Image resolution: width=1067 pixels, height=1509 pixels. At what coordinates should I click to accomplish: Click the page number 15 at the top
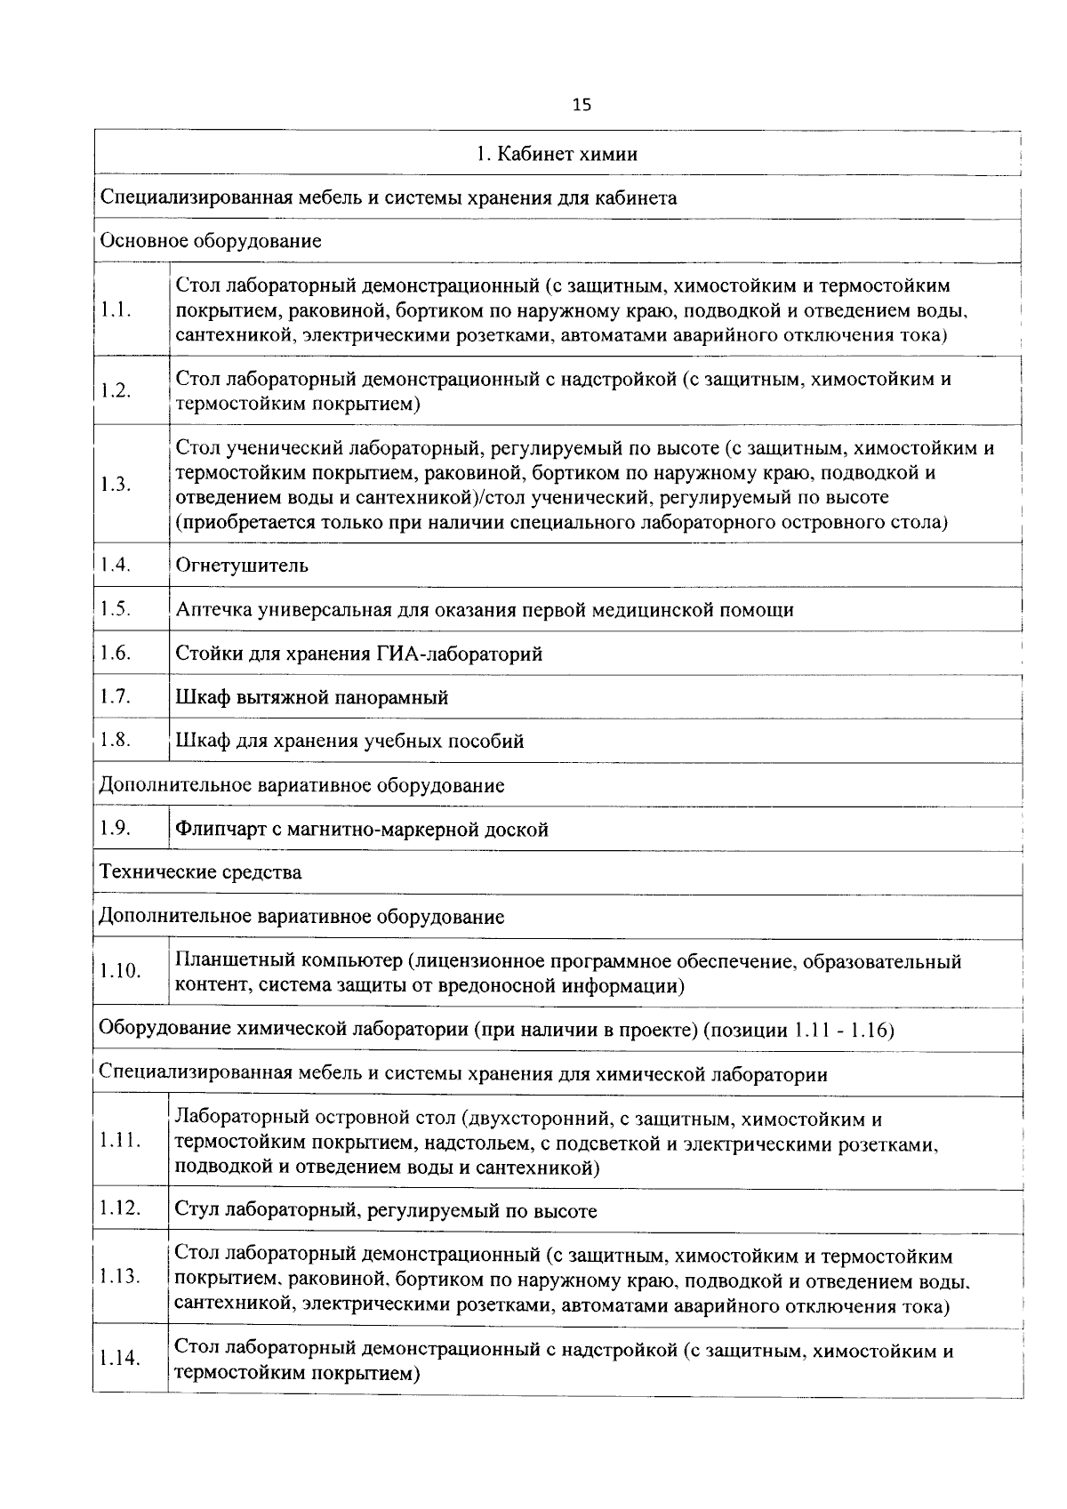point(582,106)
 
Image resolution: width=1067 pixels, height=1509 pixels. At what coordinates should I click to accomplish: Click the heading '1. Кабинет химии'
point(557,155)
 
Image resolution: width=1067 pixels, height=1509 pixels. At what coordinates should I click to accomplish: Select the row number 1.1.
point(116,310)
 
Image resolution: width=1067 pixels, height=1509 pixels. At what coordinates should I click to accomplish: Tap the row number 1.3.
point(116,485)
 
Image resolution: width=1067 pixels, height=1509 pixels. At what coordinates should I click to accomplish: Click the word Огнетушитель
point(242,566)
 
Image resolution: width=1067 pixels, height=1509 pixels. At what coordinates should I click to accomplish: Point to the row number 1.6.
point(116,654)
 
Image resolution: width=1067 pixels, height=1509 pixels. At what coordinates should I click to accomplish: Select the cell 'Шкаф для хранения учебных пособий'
point(349,742)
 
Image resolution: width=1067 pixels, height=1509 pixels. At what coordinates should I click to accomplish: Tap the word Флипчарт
point(216,830)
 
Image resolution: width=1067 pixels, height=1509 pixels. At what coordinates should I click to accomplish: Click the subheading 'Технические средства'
point(200,872)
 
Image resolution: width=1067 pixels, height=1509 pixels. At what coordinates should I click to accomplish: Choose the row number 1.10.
point(120,971)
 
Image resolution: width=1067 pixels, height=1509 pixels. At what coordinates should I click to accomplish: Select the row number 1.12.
point(120,1208)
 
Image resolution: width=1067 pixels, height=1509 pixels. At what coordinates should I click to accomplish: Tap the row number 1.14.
point(120,1359)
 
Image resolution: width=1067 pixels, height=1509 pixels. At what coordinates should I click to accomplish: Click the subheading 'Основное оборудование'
point(210,241)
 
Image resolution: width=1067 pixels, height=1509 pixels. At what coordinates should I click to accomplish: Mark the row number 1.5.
point(116,609)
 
